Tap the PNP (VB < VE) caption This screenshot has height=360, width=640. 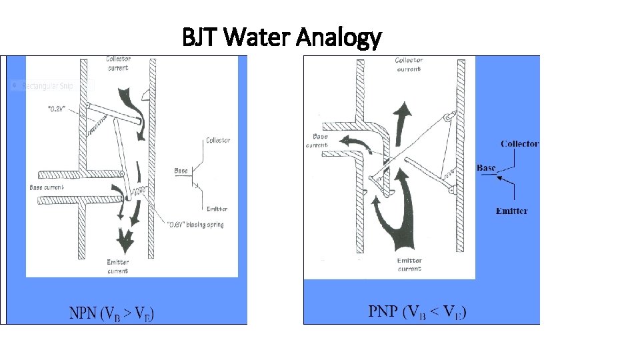tap(417, 311)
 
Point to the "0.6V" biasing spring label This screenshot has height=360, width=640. tap(194, 225)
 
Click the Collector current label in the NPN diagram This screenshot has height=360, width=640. tap(118, 62)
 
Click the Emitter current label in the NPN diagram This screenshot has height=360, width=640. tap(118, 266)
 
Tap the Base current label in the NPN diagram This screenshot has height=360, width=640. tap(47, 187)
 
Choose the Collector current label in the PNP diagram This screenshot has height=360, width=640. tap(409, 64)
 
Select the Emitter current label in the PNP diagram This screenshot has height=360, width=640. tap(409, 265)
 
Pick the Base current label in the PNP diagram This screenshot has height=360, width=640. tap(317, 141)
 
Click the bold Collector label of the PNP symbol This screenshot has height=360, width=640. tap(519, 143)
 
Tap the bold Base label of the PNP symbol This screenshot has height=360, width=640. tap(486, 168)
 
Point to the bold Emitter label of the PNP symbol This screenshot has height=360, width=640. tap(511, 211)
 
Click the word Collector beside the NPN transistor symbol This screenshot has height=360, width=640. tap(218, 141)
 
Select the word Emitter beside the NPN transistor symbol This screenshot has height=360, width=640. tap(217, 209)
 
